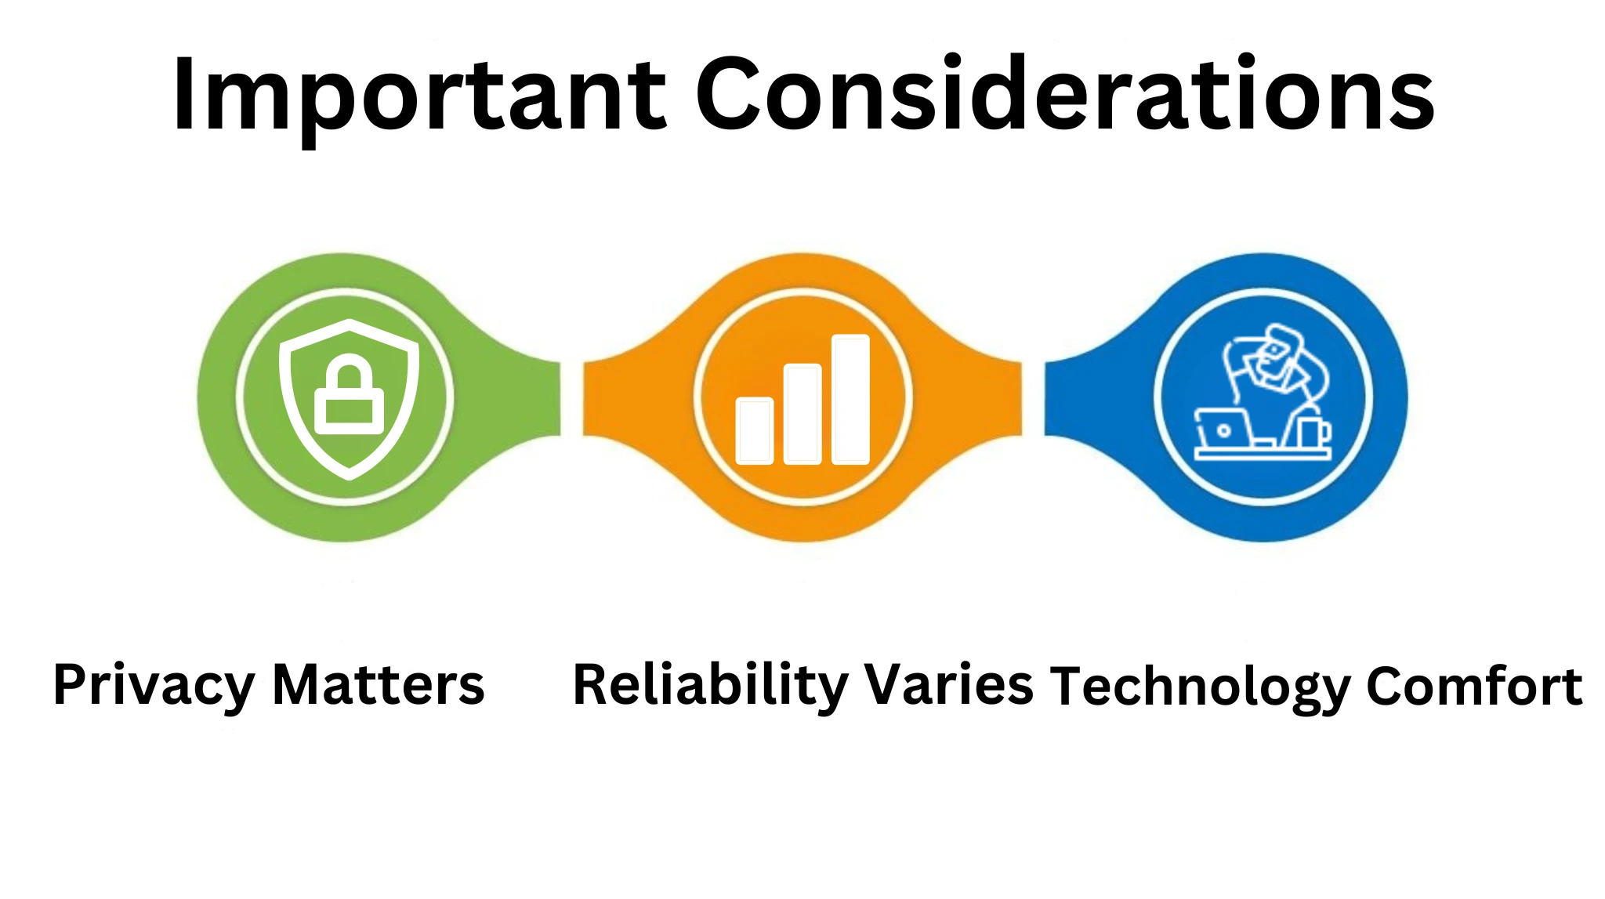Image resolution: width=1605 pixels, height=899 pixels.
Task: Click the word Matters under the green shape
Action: click(379, 685)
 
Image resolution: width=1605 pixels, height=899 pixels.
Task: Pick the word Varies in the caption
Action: click(949, 685)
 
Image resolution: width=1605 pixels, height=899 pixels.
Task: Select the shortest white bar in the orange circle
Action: click(755, 430)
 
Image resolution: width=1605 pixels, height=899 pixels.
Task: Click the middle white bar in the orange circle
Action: click(802, 414)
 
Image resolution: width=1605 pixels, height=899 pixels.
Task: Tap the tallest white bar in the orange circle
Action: click(850, 399)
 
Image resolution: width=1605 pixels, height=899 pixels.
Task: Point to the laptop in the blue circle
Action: click(1223, 428)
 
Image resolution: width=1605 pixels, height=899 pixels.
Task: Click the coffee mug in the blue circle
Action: click(1314, 432)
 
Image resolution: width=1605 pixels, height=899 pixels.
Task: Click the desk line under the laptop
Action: click(1263, 454)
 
